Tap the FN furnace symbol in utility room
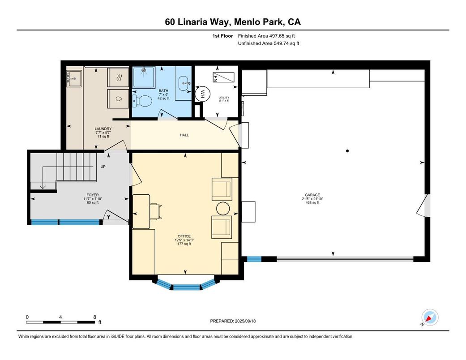223,77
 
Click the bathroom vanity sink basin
184,81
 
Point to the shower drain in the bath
144,70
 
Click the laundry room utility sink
74,78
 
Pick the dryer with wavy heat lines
118,77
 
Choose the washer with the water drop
118,99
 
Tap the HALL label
184,135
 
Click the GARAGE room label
312,195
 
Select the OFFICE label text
184,236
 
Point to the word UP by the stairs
103,167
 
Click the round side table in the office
223,208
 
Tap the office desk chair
156,211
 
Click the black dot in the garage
347,151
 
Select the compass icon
430,317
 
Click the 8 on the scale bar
95,317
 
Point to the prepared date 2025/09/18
245,321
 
